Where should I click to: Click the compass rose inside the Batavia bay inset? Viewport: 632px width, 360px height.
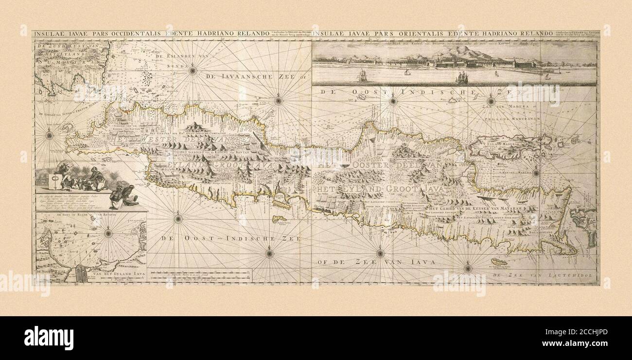pos(108,234)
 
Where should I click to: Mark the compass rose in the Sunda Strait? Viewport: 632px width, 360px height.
pos(49,135)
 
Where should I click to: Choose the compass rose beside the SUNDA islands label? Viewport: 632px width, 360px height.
pos(193,71)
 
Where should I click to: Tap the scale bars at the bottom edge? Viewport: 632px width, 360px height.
pos(199,276)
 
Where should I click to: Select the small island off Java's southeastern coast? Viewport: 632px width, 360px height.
pos(498,262)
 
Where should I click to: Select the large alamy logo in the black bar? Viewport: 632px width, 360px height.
pos(49,338)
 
